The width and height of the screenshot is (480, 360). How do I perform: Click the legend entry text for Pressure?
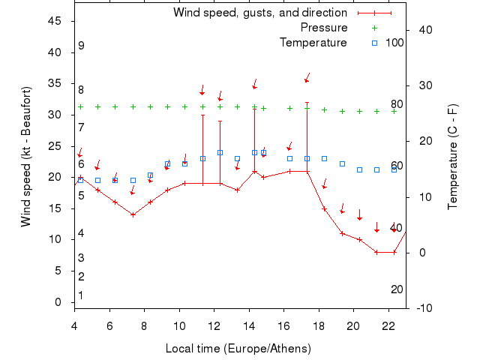pyautogui.click(x=324, y=28)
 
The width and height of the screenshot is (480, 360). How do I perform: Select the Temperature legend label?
pyautogui.click(x=313, y=43)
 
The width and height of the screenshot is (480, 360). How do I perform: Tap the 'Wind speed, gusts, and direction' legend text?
pyautogui.click(x=259, y=13)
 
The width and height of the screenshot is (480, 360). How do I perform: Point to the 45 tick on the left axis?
pyautogui.click(x=55, y=21)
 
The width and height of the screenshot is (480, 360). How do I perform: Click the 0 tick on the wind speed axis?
pyautogui.click(x=58, y=302)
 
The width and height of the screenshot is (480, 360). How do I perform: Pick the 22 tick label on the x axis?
pyautogui.click(x=388, y=325)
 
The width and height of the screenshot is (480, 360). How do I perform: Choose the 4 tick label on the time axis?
pyautogui.click(x=74, y=325)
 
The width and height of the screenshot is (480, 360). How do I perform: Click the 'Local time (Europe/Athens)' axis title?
pyautogui.click(x=239, y=349)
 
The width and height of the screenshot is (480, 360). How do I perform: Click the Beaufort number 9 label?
pyautogui.click(x=81, y=46)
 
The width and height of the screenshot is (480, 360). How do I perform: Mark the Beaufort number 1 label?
pyautogui.click(x=81, y=295)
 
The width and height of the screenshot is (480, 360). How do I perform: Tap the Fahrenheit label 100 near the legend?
pyautogui.click(x=394, y=43)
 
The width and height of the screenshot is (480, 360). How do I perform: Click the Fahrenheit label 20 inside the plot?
pyautogui.click(x=397, y=289)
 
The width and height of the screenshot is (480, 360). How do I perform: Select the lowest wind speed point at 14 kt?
pyautogui.click(x=133, y=214)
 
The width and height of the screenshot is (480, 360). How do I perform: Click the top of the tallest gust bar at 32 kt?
pyautogui.click(x=307, y=103)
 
